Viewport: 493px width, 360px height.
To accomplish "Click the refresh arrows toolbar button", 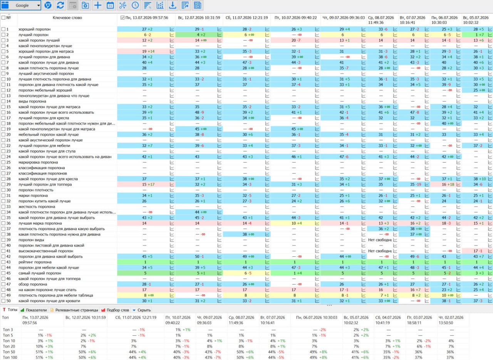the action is click(x=60, y=5).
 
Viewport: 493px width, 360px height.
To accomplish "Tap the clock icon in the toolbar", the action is click(x=135, y=5).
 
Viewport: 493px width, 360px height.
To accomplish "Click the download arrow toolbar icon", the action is click(x=173, y=5).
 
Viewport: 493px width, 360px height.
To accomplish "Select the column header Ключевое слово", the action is click(x=67, y=18).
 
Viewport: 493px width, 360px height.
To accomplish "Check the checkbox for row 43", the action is click(x=3, y=262).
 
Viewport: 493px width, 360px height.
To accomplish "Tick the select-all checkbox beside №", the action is click(x=3, y=17).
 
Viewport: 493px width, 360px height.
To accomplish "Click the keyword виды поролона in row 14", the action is click(x=32, y=101).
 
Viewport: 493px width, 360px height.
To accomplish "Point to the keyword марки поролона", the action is click(x=33, y=195).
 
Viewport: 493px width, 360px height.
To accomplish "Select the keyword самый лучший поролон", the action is click(x=40, y=273).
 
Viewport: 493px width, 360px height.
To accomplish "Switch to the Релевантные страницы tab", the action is click(x=74, y=310).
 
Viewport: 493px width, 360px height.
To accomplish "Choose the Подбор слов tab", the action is click(x=115, y=310).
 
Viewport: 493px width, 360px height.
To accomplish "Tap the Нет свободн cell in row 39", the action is click(x=380, y=240).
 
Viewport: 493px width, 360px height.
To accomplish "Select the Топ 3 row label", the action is click(x=8, y=330).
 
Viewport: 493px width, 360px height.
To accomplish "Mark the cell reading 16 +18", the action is click(x=448, y=184).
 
